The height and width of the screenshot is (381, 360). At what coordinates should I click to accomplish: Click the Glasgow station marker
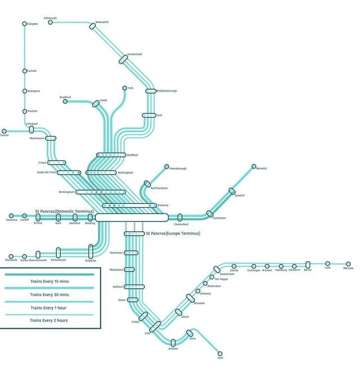[x=24, y=24]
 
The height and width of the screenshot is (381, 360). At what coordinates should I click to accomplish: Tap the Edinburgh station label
[x=50, y=18]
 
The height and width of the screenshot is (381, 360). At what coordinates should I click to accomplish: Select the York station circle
[x=124, y=88]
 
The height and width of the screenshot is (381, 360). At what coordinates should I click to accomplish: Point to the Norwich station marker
[x=254, y=166]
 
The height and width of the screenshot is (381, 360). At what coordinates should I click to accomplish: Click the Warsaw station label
[x=348, y=268]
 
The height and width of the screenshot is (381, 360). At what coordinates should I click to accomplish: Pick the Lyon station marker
[x=220, y=353]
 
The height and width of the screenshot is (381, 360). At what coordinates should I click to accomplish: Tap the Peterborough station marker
[x=166, y=167]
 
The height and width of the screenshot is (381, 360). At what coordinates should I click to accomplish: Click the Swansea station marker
[x=11, y=216]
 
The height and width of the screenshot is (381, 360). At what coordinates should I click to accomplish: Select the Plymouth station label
[x=11, y=260]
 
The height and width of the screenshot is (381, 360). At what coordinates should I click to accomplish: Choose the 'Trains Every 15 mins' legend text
[x=49, y=280]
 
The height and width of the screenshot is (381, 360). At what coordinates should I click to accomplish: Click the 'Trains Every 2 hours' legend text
[x=49, y=320]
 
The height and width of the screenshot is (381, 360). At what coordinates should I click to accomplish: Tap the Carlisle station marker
[x=24, y=71]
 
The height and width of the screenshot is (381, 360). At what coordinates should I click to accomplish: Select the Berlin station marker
[x=308, y=265]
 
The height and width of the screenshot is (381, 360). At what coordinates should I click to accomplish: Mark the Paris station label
[x=192, y=339]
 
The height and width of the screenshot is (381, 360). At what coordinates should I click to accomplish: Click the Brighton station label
[x=90, y=261]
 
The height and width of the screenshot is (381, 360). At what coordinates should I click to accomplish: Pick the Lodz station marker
[x=328, y=263]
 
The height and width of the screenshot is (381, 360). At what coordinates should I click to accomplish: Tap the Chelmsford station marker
[x=180, y=217]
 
